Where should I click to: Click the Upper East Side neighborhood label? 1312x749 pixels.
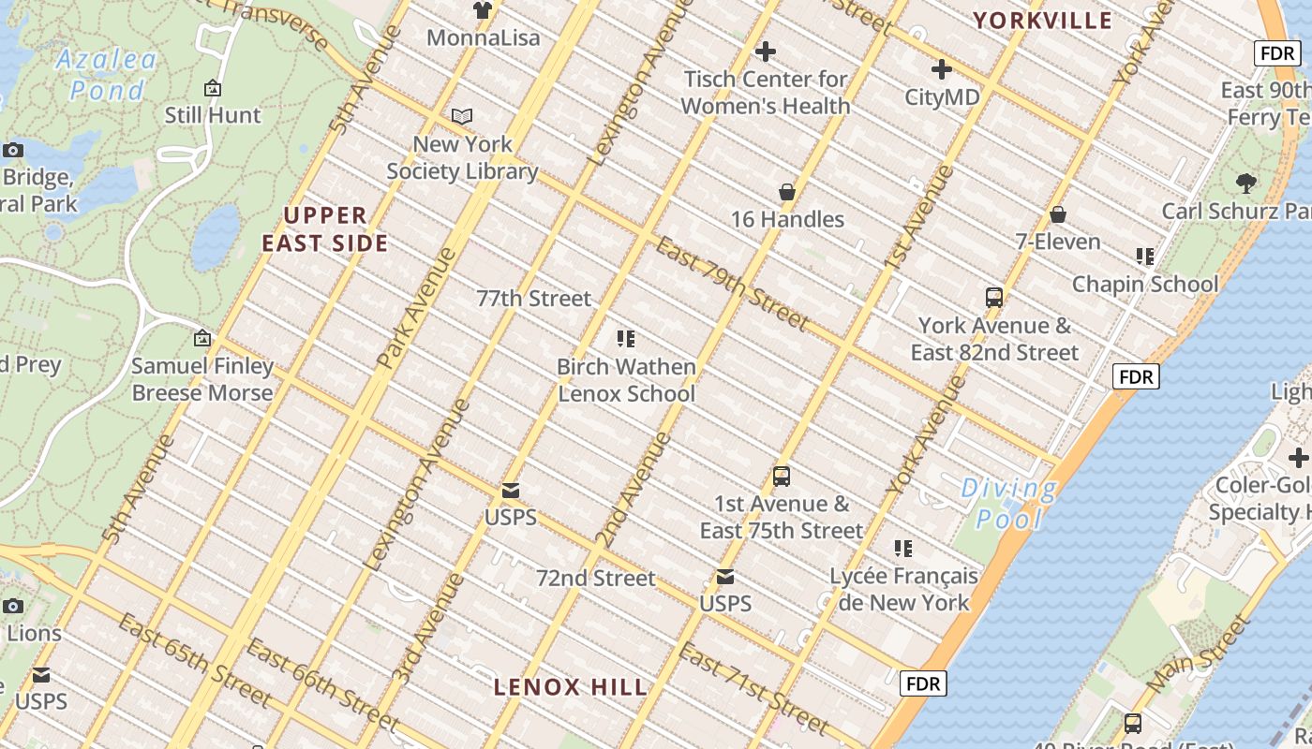point(324,229)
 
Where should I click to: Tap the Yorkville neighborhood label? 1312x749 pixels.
point(1042,21)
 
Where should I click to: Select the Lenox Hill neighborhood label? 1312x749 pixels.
point(570,687)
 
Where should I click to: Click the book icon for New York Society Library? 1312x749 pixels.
point(462,117)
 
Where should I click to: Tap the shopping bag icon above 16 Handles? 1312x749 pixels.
point(787,192)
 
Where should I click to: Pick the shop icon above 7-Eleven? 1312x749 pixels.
point(1058,214)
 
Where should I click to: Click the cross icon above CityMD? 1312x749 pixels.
point(942,69)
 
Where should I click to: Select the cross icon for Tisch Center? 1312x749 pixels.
point(766,51)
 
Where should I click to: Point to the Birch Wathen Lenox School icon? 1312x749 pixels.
point(626,339)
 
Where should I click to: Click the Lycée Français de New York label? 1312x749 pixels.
point(903,589)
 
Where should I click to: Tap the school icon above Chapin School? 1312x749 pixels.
point(1144,257)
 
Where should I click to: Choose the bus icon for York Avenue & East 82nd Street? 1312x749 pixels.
point(994,298)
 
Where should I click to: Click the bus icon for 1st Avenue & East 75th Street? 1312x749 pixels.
point(782,477)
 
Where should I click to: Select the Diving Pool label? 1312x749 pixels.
point(1008,503)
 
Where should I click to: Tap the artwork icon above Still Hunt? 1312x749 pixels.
point(213,89)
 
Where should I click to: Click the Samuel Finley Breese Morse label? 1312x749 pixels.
point(202,379)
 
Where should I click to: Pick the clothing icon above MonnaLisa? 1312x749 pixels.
point(483,10)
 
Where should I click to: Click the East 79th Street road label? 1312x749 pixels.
point(731,285)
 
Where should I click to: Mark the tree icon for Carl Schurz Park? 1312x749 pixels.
point(1245,183)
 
